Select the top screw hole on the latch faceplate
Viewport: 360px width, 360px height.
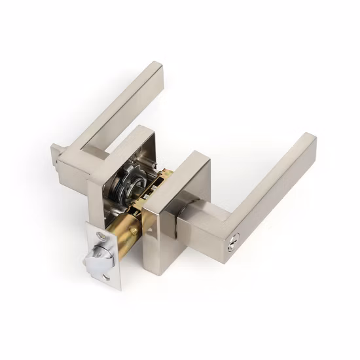pyautogui.click(x=99, y=235)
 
